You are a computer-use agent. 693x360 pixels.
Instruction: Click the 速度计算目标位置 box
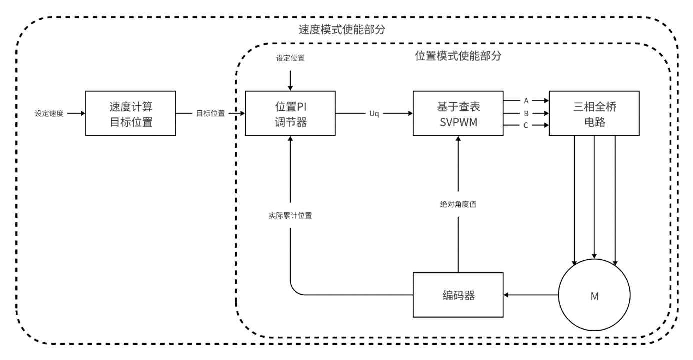point(131,113)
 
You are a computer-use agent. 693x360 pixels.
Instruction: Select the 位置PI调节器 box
point(290,113)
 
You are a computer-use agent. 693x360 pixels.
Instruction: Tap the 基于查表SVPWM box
point(458,113)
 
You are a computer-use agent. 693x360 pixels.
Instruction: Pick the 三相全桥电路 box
point(594,113)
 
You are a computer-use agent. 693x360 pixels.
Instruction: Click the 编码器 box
point(458,295)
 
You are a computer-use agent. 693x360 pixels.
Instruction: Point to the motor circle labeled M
point(594,295)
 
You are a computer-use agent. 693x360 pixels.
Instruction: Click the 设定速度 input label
point(49,114)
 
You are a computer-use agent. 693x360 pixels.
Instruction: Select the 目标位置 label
point(210,114)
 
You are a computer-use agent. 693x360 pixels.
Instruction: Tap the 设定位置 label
point(290,58)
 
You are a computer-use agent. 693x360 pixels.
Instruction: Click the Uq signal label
point(374,114)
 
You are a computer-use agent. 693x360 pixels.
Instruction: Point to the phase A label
point(526,101)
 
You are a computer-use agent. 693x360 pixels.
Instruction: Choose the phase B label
point(526,113)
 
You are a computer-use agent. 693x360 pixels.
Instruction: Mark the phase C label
point(526,126)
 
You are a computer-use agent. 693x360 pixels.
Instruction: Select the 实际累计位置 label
point(290,216)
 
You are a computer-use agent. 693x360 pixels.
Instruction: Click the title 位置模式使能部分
point(458,56)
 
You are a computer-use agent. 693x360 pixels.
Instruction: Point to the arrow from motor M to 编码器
point(530,295)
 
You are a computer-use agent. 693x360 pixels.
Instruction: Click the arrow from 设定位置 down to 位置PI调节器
point(290,79)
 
